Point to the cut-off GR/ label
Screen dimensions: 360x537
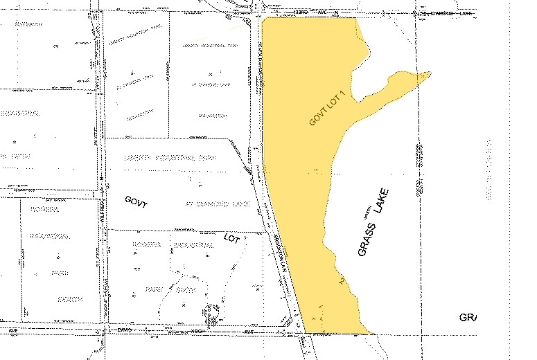(x=468, y=318)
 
